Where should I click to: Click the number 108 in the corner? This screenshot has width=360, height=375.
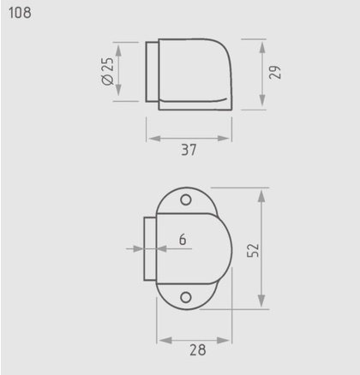(x=20, y=13)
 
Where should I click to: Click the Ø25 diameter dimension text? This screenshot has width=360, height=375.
(x=108, y=71)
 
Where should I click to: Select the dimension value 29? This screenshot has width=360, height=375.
(x=275, y=72)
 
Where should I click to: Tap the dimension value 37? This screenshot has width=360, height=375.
(x=189, y=150)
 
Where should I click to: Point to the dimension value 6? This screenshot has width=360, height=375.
(x=183, y=239)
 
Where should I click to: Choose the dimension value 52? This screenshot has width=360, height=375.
(x=253, y=250)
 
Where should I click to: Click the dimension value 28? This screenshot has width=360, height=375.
(x=198, y=350)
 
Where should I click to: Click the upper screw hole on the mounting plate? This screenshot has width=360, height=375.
(x=186, y=199)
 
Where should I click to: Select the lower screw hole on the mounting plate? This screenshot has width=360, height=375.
(x=186, y=297)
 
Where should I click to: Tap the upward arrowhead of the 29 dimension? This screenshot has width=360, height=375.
(x=262, y=47)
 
